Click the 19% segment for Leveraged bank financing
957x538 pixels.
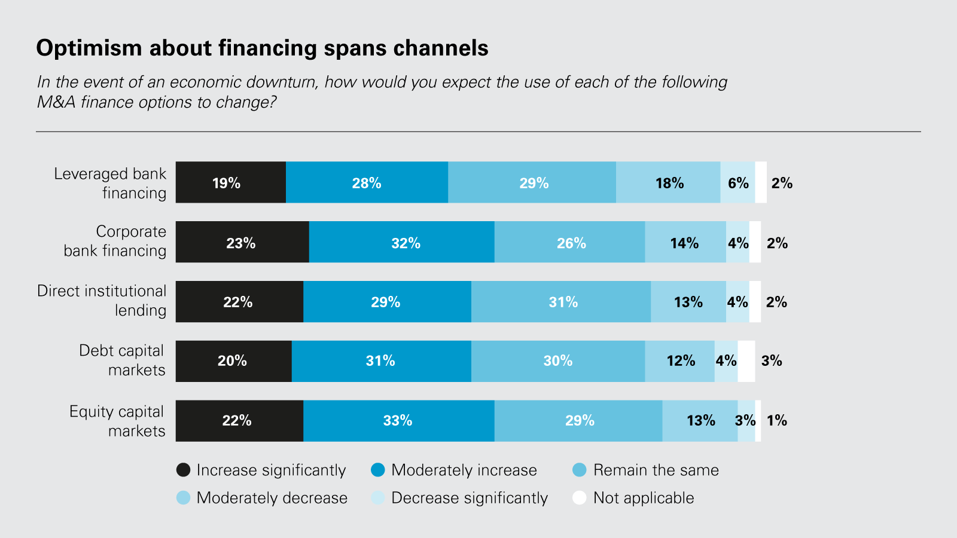pos(230,182)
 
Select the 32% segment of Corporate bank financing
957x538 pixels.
pos(402,242)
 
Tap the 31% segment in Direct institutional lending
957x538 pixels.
pos(560,302)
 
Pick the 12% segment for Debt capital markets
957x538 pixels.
pos(679,361)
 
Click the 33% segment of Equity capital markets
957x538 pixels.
pos(398,421)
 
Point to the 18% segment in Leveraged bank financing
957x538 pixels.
pos(668,182)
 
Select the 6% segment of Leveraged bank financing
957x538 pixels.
pos(737,182)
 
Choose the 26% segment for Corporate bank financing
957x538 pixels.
pos(569,242)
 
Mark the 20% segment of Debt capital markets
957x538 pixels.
pos(233,361)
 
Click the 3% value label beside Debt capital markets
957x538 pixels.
pos(772,361)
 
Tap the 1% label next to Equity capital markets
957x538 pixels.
pos(777,421)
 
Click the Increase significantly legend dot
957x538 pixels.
pos(184,470)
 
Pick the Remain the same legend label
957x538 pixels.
pos(656,470)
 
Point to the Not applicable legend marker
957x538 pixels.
pos(579,498)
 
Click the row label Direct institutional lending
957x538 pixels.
pos(102,301)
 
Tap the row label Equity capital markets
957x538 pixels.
pos(117,421)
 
